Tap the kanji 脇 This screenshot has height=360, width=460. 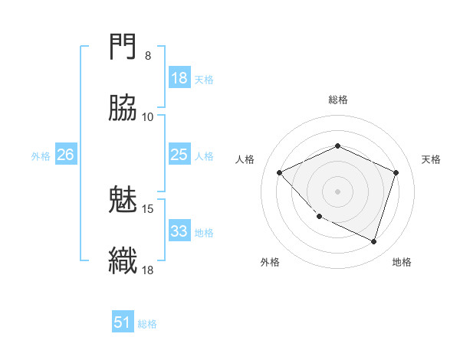[x=123, y=110]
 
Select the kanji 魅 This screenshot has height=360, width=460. [x=123, y=201]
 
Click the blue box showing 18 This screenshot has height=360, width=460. [x=179, y=78]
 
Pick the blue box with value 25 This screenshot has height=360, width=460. [x=179, y=155]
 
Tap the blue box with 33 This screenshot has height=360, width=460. [x=179, y=231]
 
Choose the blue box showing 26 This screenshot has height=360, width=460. [x=65, y=155]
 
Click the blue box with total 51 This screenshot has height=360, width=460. [x=123, y=322]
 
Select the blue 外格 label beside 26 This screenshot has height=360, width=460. [x=41, y=155]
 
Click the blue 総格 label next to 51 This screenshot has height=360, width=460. [x=147, y=323]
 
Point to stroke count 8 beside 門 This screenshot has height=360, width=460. [x=147, y=56]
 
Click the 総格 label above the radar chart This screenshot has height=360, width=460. [x=338, y=100]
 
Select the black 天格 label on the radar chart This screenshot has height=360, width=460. [x=431, y=159]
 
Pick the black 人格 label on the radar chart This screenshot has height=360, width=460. [x=245, y=159]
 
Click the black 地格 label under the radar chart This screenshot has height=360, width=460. [x=402, y=262]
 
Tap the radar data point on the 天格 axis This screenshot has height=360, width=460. [x=396, y=172]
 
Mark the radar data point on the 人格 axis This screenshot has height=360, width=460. [x=280, y=172]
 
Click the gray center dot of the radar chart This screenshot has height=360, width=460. [x=338, y=191]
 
